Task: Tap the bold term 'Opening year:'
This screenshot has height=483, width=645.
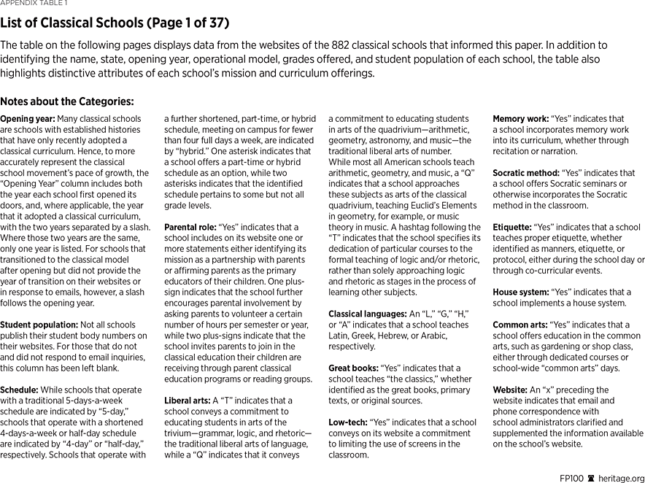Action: tap(26, 119)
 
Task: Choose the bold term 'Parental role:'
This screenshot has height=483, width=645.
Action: tap(190, 228)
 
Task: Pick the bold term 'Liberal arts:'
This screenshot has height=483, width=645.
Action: tap(187, 401)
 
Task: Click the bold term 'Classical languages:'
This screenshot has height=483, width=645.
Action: tap(367, 314)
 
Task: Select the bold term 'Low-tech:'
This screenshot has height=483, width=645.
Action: tap(347, 422)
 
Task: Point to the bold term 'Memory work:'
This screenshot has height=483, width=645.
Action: tap(520, 119)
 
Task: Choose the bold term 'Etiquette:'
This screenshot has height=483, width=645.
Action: tap(513, 228)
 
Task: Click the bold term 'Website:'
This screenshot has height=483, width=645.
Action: tap(510, 390)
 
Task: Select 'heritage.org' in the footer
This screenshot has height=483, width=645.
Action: tap(621, 478)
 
